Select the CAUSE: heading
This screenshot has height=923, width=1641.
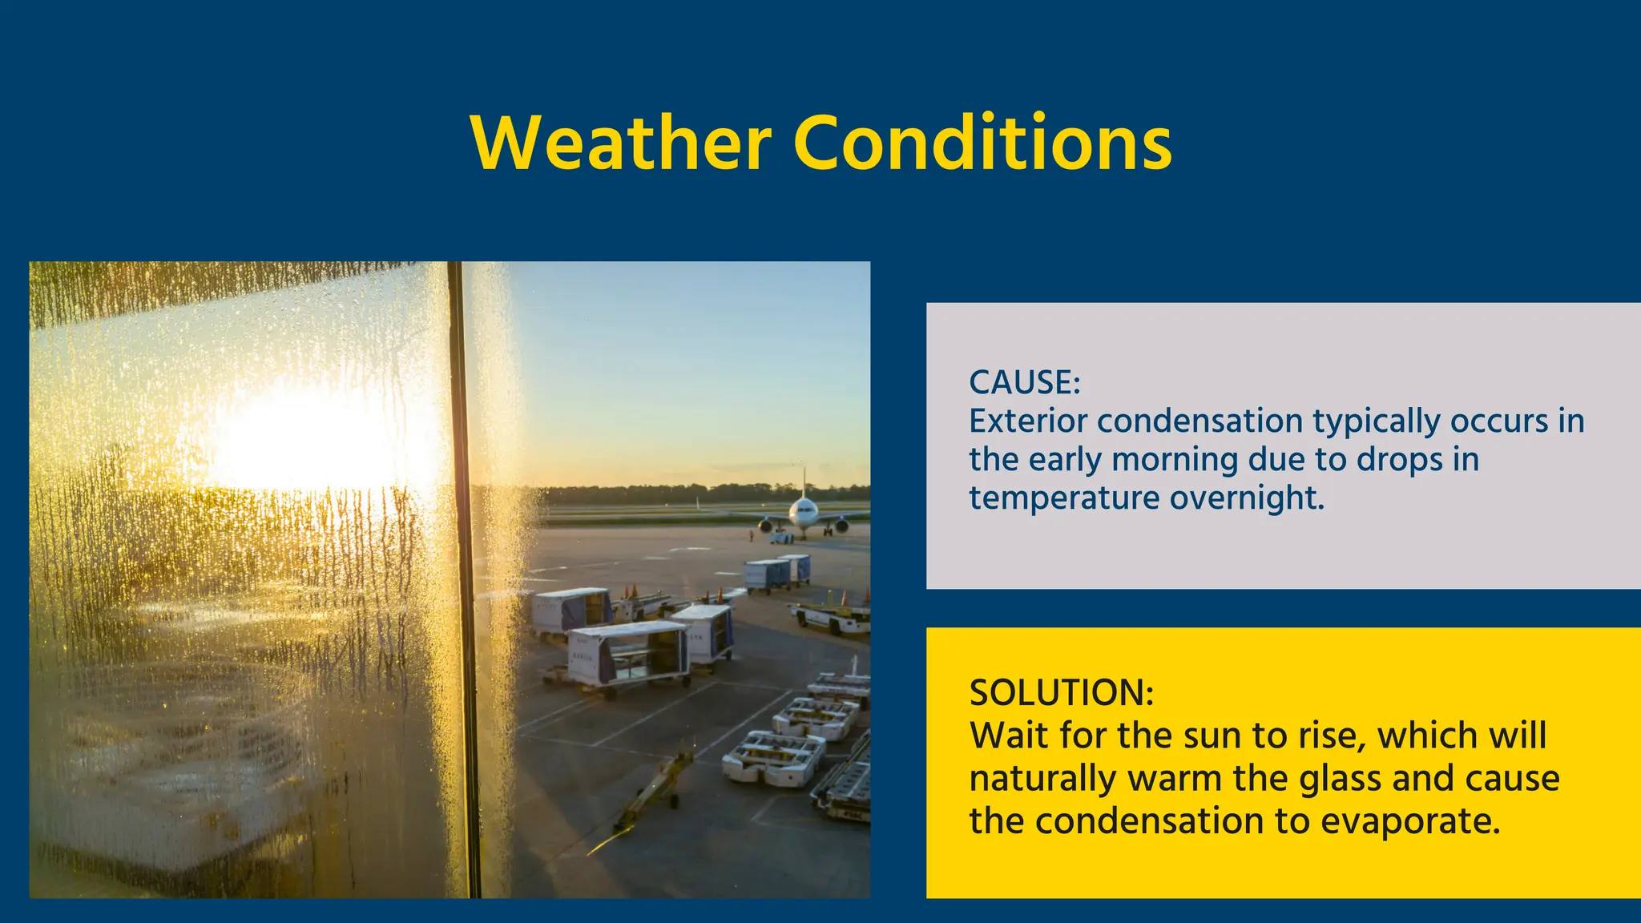point(1024,382)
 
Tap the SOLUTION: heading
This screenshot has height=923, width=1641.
point(1061,692)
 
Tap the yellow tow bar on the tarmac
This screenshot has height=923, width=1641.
point(653,789)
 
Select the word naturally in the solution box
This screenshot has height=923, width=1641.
point(1042,779)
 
